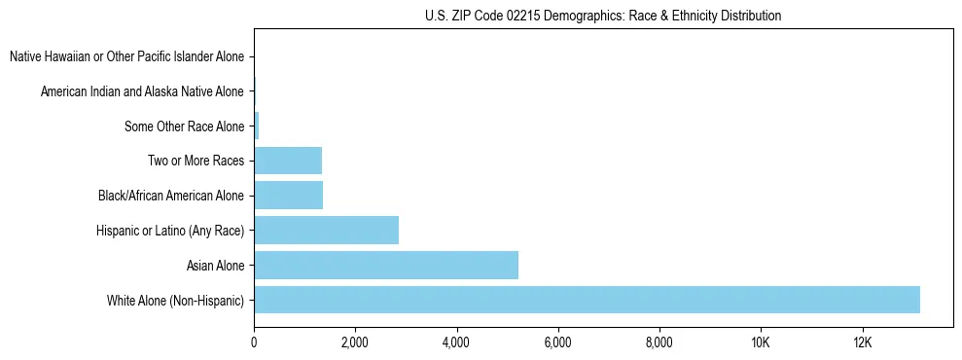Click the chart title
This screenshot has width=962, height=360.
pyautogui.click(x=603, y=16)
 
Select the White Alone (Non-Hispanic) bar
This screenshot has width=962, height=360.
pyautogui.click(x=587, y=300)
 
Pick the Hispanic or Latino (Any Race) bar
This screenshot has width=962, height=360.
pyautogui.click(x=326, y=230)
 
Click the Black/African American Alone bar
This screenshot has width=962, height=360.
pyautogui.click(x=288, y=196)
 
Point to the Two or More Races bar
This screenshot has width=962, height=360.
pyautogui.click(x=287, y=161)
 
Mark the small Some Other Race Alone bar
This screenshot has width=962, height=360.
pyautogui.click(x=257, y=126)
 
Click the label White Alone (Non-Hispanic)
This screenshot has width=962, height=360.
pyautogui.click(x=175, y=300)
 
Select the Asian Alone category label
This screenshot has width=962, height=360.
pyautogui.click(x=215, y=265)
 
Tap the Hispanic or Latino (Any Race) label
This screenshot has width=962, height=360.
pyautogui.click(x=169, y=230)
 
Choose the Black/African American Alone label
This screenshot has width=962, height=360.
pyautogui.click(x=170, y=196)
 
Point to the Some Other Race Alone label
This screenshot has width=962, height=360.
pyautogui.click(x=184, y=126)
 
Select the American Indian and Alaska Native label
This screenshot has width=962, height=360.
pyautogui.click(x=142, y=91)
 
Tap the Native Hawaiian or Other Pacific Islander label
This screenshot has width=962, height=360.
pyautogui.click(x=126, y=56)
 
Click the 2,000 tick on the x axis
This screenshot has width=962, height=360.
pyautogui.click(x=355, y=342)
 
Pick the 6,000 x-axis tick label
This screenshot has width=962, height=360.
pyautogui.click(x=557, y=342)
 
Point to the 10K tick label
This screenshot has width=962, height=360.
pyautogui.click(x=761, y=342)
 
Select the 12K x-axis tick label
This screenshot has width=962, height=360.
pyautogui.click(x=862, y=342)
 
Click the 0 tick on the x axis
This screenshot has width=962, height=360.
pyautogui.click(x=254, y=342)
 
